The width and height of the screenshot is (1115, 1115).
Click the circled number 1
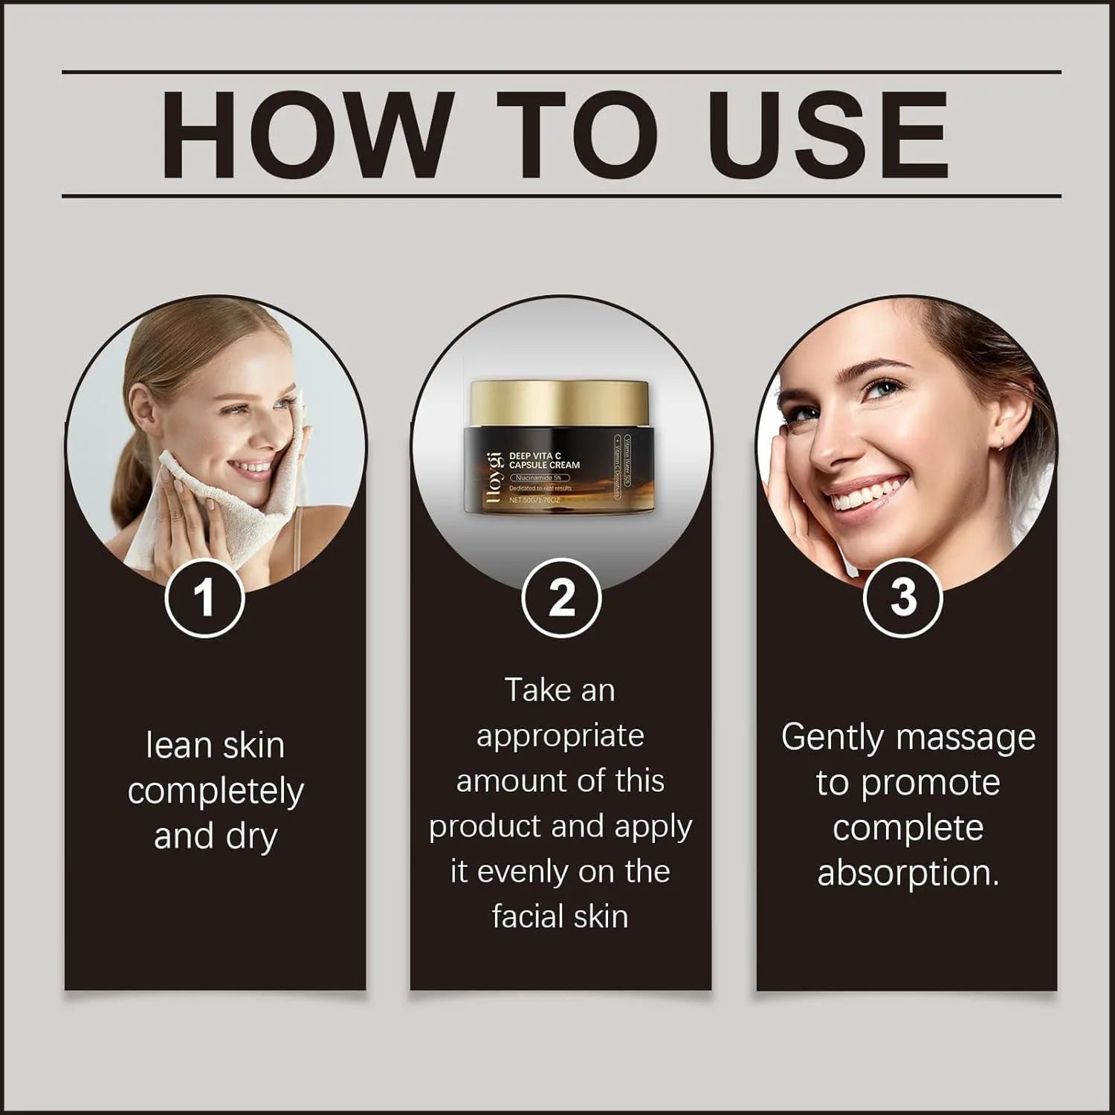tap(204, 598)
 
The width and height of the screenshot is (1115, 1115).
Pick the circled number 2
tap(561, 598)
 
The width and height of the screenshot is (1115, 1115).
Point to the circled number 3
tap(903, 598)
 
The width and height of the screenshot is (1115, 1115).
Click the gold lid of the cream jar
tap(559, 406)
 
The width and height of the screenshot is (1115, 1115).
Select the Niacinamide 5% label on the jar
tap(540, 477)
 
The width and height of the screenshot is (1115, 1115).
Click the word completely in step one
tap(216, 792)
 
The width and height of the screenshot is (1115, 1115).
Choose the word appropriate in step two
tap(560, 737)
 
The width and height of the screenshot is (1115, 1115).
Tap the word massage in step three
tap(966, 738)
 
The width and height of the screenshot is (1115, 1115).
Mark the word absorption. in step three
tap(908, 873)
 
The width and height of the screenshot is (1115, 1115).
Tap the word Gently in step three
tap(832, 738)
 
